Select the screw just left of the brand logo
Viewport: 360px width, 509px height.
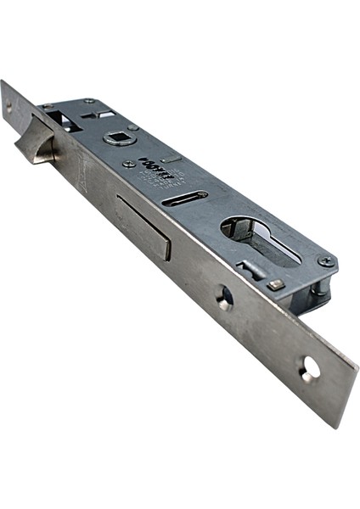click(x=127, y=163)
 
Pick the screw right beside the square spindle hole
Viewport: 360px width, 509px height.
click(x=134, y=127)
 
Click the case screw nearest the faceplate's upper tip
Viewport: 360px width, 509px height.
click(x=48, y=106)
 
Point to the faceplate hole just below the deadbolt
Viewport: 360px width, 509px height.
click(x=225, y=297)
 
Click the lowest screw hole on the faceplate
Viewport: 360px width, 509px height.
click(x=310, y=368)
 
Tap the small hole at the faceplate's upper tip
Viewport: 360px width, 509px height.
click(x=8, y=106)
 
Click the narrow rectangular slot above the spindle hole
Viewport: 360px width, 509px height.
click(x=101, y=114)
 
